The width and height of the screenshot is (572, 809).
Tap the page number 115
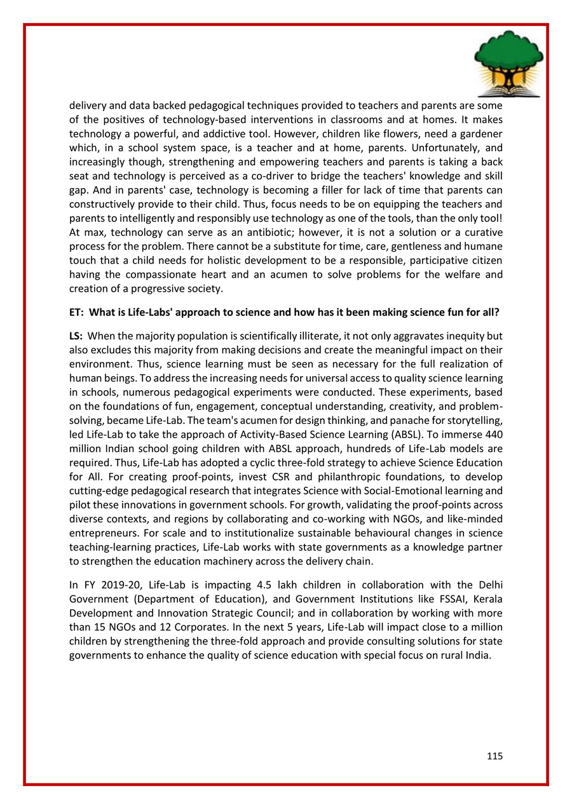point(495,756)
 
